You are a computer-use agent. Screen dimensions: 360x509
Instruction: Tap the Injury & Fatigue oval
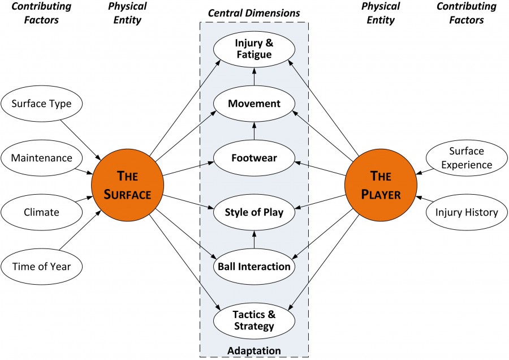pos(254,49)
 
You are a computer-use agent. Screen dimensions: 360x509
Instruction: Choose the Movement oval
pos(254,104)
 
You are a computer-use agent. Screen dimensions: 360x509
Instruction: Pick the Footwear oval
pos(254,158)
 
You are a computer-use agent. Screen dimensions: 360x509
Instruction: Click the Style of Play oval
pos(254,213)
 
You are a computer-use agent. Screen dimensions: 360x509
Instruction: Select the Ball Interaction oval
pos(254,266)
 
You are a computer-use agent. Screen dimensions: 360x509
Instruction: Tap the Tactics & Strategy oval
pos(254,320)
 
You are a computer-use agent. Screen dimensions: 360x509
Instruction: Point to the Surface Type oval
pos(42,104)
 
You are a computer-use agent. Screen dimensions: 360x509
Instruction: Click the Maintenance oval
pos(42,158)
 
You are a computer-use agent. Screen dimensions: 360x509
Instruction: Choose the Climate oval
pos(42,213)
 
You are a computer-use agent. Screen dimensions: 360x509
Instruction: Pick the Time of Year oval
pos(42,266)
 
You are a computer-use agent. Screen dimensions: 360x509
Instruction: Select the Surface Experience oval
pos(467,158)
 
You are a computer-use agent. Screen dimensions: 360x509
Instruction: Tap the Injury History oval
pos(467,213)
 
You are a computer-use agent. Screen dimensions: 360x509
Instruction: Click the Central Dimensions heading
pos(254,12)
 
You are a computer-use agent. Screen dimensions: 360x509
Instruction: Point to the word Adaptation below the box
pos(254,351)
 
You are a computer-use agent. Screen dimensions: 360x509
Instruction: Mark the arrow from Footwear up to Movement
pos(254,131)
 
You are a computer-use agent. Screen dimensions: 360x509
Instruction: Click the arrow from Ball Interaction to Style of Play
pos(254,240)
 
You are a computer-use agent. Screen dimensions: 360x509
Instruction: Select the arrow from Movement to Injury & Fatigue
pos(254,77)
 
